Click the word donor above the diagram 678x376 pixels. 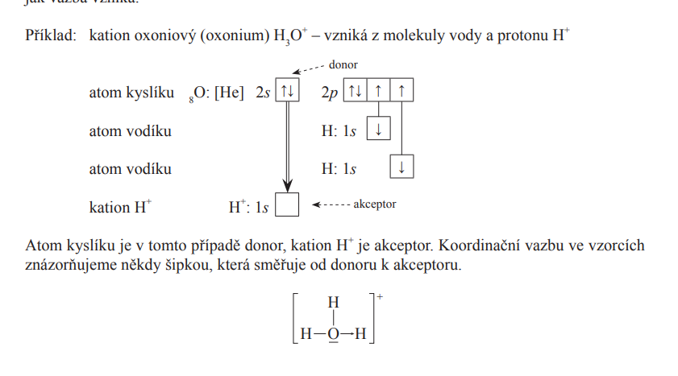click(x=343, y=64)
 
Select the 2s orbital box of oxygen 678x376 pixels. click(x=287, y=92)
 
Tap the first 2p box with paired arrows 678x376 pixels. click(x=355, y=92)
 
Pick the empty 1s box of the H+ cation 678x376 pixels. click(x=287, y=205)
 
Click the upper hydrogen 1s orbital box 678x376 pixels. click(x=378, y=130)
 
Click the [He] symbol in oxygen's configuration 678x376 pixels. click(x=229, y=93)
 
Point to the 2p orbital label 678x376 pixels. click(x=329, y=93)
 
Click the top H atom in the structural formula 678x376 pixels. click(x=333, y=303)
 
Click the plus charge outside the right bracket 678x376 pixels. click(x=379, y=297)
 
